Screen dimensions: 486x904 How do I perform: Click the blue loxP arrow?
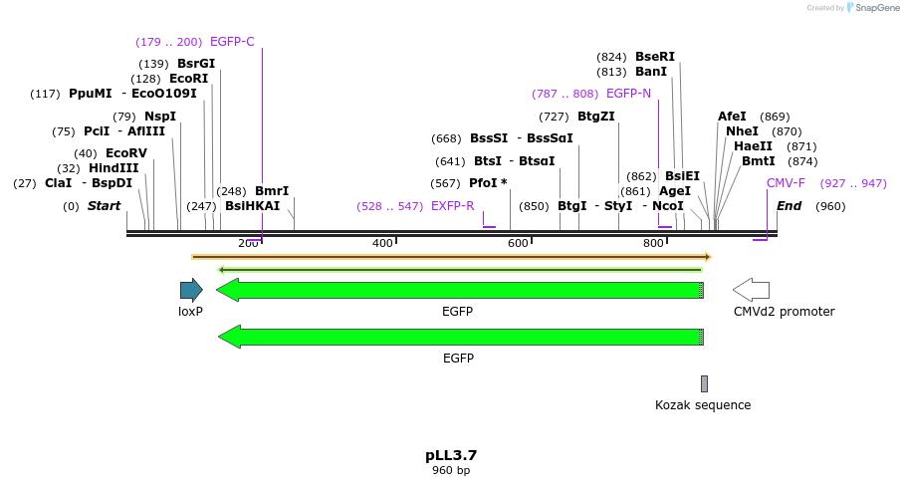pyautogui.click(x=191, y=290)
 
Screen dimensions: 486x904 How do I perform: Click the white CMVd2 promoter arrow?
pyautogui.click(x=751, y=290)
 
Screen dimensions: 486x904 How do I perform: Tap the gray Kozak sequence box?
pyautogui.click(x=704, y=383)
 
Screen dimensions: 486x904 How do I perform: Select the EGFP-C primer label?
pyautogui.click(x=232, y=42)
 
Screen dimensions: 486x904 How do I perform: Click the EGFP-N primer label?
pyautogui.click(x=628, y=94)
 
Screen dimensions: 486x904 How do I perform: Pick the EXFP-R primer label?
pyautogui.click(x=452, y=206)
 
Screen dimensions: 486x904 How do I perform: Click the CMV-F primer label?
pyautogui.click(x=786, y=183)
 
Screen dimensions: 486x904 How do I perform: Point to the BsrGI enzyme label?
pyautogui.click(x=196, y=64)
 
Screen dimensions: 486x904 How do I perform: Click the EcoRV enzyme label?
pyautogui.click(x=126, y=153)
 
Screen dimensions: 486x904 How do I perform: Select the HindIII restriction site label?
pyautogui.click(x=113, y=168)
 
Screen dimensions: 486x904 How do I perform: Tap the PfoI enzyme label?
pyautogui.click(x=488, y=183)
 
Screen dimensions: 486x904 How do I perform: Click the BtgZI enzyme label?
pyautogui.click(x=596, y=117)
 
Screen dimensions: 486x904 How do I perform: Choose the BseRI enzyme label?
pyautogui.click(x=655, y=57)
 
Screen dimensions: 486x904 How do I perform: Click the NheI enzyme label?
pyautogui.click(x=742, y=131)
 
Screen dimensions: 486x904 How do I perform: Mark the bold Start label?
pyautogui.click(x=104, y=206)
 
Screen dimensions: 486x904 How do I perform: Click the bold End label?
pyautogui.click(x=789, y=206)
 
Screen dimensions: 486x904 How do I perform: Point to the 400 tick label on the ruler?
pyautogui.click(x=382, y=244)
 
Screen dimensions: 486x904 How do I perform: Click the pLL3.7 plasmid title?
pyautogui.click(x=451, y=455)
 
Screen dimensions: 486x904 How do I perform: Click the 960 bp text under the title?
pyautogui.click(x=451, y=470)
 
